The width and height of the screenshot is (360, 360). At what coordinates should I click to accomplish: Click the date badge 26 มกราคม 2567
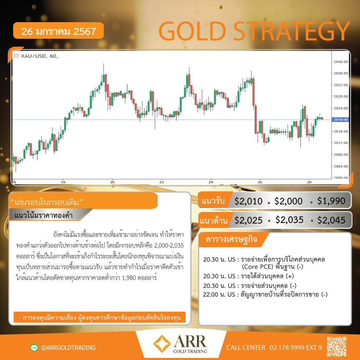[x=58, y=31]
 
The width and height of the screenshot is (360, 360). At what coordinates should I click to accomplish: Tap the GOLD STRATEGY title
[x=254, y=31]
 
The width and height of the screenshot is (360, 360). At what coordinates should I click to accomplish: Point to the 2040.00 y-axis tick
[x=341, y=62]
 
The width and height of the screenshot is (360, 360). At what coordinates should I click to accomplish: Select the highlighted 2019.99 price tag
[x=341, y=120]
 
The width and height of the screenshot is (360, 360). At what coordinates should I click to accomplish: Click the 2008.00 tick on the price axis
[x=341, y=154]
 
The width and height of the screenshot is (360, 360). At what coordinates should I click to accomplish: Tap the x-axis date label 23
[x=162, y=182]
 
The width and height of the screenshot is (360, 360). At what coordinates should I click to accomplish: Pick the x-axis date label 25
[x=260, y=182]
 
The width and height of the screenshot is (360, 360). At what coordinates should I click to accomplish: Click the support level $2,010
[x=249, y=201]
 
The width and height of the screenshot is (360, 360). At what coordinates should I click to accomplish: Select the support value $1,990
[x=331, y=201]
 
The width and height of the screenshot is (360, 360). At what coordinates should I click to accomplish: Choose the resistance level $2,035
[x=289, y=220]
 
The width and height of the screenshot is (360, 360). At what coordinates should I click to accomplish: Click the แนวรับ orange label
[x=213, y=201]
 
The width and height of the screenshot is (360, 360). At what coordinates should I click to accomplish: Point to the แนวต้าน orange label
[x=214, y=220]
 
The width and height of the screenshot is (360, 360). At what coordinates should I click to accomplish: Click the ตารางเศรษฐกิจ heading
[x=231, y=240]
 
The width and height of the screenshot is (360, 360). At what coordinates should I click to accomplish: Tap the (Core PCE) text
[x=258, y=267]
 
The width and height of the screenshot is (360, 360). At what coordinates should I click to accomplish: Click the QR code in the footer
[x=336, y=346]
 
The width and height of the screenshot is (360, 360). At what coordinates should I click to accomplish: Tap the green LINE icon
[x=34, y=348]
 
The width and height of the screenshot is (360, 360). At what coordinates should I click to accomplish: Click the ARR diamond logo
[x=162, y=344]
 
